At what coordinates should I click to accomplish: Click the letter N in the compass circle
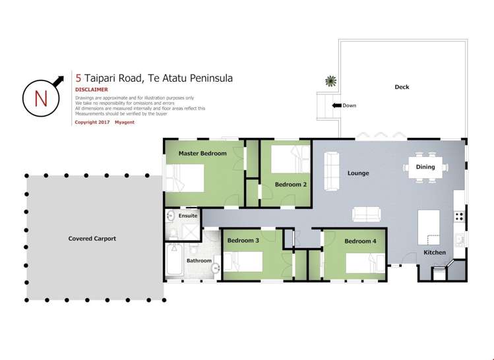coord(41,98)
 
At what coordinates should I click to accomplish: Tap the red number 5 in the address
coord(78,78)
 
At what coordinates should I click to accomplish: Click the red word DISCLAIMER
coord(91,90)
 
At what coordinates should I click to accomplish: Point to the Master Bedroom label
coord(202,154)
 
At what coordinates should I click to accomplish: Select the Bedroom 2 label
coord(291,185)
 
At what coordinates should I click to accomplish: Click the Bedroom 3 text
coord(243,241)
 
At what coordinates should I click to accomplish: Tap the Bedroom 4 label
coord(360,241)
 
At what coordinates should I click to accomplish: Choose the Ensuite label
coord(188,216)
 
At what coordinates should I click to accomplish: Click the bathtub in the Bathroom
coord(173,262)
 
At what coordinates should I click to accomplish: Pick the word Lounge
coord(358,173)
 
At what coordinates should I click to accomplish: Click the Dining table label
coord(425,167)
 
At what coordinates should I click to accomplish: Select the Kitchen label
coord(435,253)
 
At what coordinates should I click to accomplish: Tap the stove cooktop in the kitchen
coord(459,216)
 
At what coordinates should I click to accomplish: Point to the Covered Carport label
coord(92,239)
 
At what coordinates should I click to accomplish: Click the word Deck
coord(402,87)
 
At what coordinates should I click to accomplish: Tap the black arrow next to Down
coord(336,105)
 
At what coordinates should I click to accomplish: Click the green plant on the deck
coord(330,81)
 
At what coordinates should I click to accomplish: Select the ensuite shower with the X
coord(190,231)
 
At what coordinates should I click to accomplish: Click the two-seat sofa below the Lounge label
coord(366,214)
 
